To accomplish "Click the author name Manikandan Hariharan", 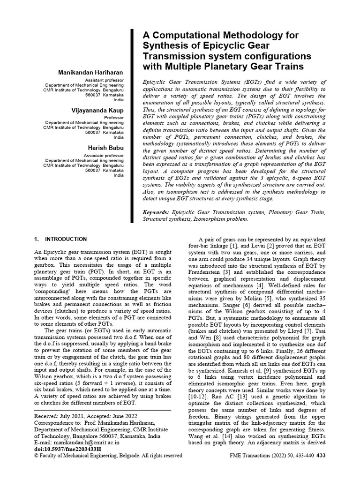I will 90,73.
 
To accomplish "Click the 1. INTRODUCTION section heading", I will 61,239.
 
